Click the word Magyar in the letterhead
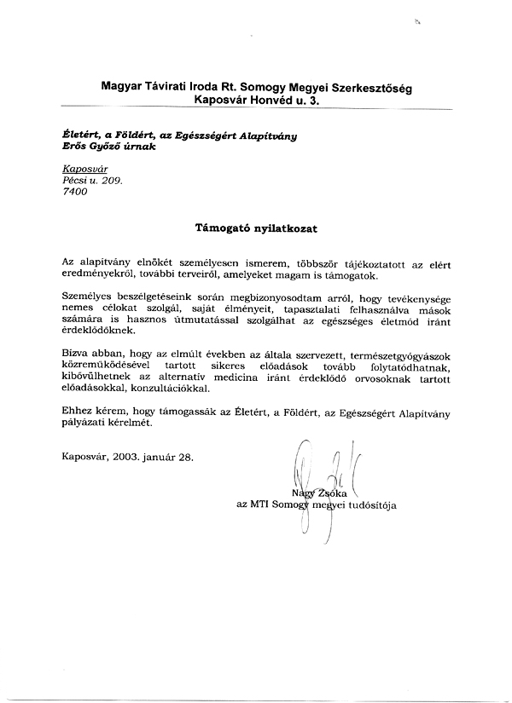pos(122,86)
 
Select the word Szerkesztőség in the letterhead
pos(373,86)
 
